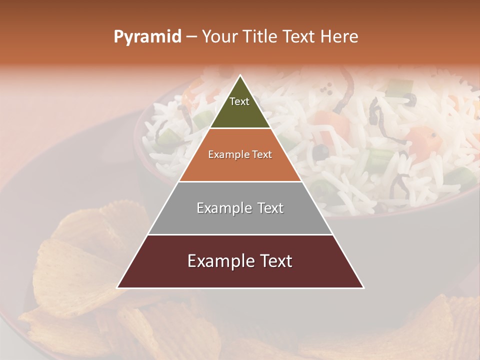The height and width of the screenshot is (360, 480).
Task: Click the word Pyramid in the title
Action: (147, 37)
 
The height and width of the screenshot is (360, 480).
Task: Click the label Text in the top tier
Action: (239, 101)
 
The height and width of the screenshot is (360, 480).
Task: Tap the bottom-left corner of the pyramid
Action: (117, 287)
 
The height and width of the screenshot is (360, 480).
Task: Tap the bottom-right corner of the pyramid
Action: (363, 287)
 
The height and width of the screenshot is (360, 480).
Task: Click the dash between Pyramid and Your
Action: (191, 37)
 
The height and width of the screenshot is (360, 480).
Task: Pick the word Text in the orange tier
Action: (260, 155)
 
